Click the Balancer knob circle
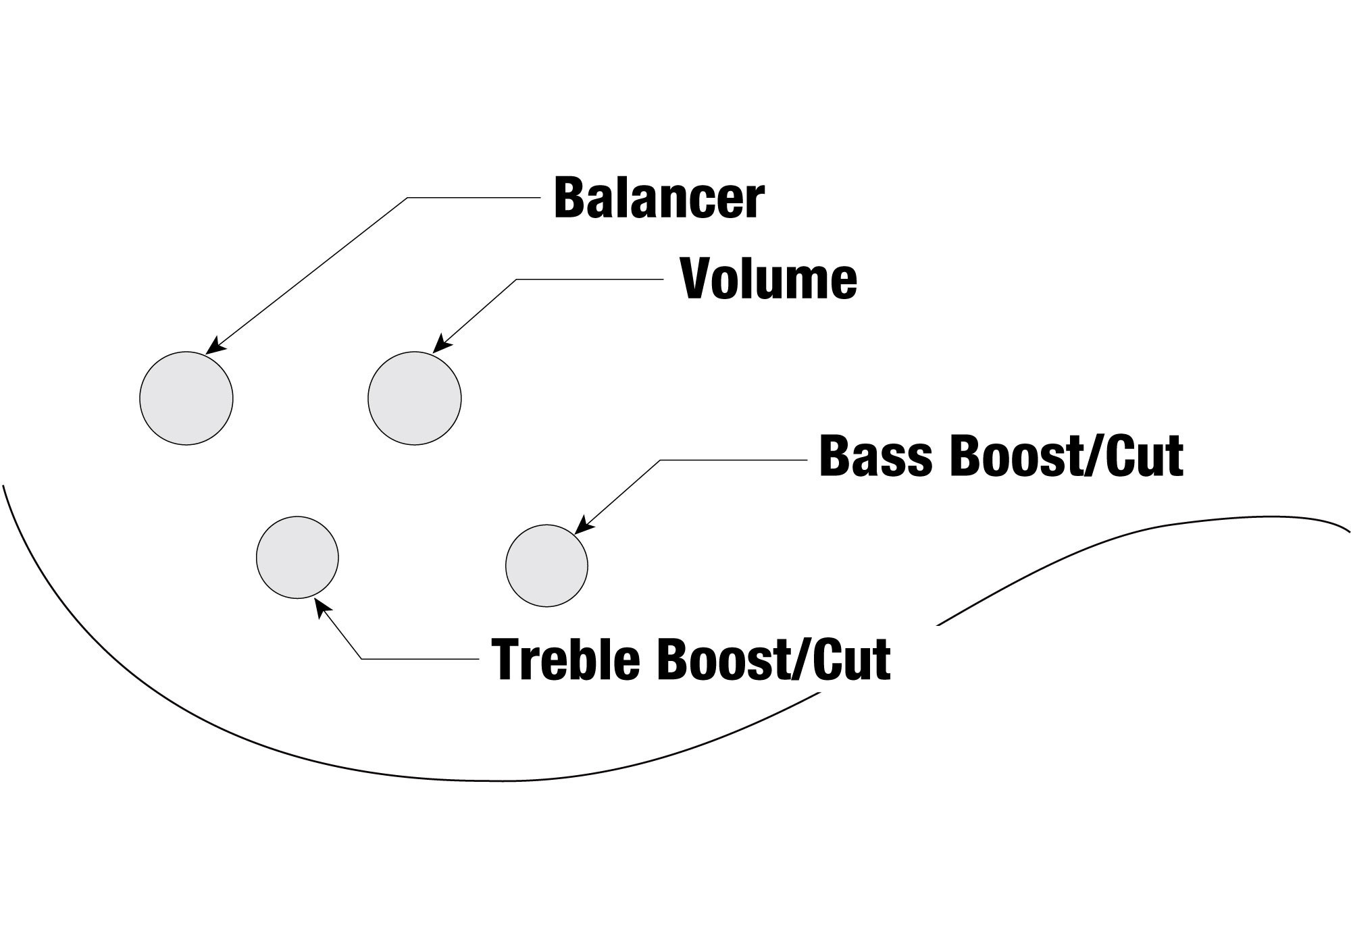186,398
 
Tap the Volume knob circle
415,398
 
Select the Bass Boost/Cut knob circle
546,566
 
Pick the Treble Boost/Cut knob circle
297,558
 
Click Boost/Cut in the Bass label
1067,456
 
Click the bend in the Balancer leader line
407,198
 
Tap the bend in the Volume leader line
517,280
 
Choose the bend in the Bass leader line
660,460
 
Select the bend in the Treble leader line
362,658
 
